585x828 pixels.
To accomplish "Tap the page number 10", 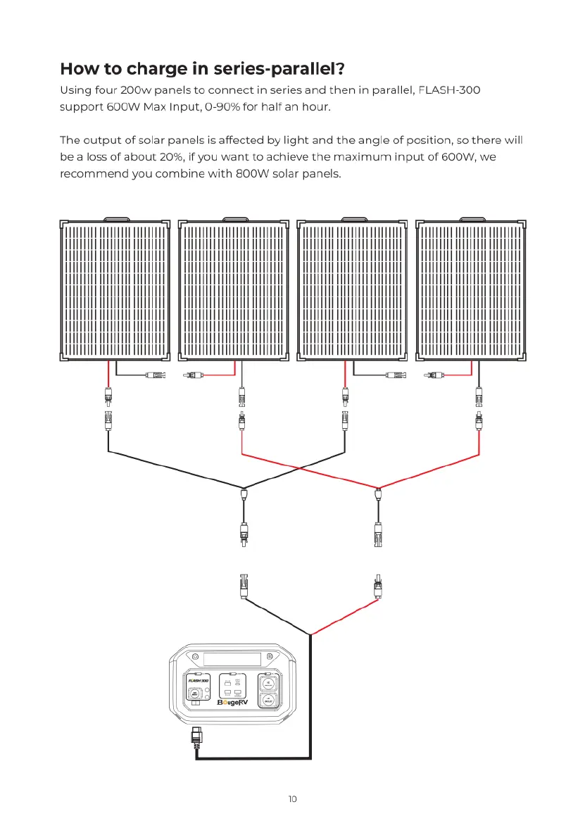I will [x=293, y=798].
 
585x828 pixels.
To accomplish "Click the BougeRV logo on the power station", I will [x=237, y=702].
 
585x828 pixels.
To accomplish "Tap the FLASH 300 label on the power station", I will [x=195, y=680].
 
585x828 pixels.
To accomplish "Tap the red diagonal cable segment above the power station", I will [x=345, y=615].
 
